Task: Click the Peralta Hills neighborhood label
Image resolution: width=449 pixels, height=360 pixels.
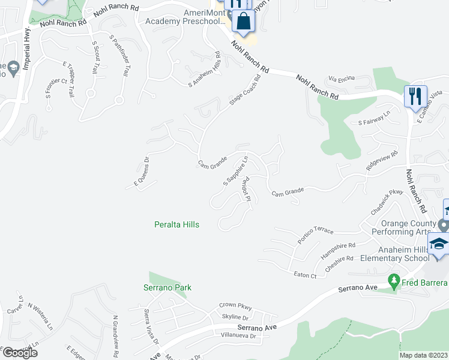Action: coord(174,224)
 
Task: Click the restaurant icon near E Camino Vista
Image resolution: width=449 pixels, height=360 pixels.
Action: coord(415,97)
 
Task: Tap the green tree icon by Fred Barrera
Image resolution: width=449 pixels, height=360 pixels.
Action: coord(394,280)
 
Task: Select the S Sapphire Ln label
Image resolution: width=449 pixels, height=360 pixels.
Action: coord(236,170)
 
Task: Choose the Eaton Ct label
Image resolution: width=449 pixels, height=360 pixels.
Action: coord(305,275)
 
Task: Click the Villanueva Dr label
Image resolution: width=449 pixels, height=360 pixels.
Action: coord(238,336)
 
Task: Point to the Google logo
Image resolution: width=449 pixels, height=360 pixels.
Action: coord(20,353)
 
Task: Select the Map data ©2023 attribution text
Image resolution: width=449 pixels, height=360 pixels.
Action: coord(423,355)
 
